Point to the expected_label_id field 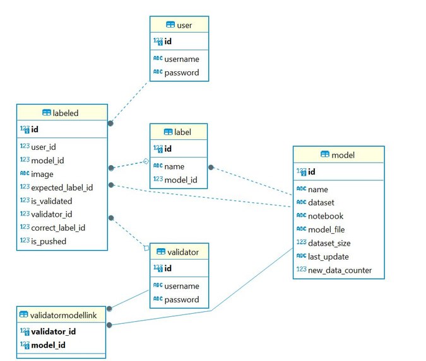pos(62,187)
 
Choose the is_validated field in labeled pos(51,201)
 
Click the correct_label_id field pos(58,227)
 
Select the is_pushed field pos(49,241)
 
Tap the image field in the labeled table pos(42,174)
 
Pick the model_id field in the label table pos(180,180)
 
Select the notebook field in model pos(325,216)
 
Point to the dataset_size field pos(329,243)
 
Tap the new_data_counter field pos(340,270)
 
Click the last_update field pos(328,256)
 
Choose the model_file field pos(326,229)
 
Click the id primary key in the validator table pos(168,269)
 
